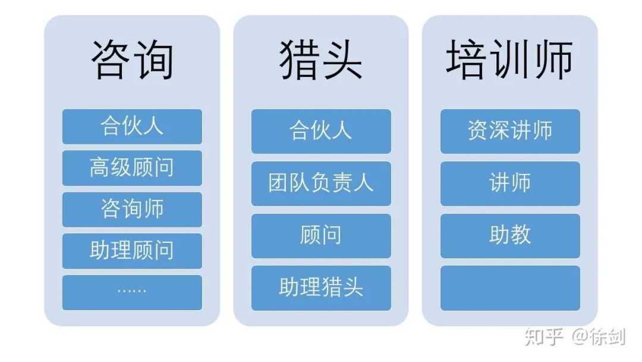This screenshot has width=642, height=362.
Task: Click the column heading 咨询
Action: click(132, 60)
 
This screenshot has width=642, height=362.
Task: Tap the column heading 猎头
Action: click(321, 60)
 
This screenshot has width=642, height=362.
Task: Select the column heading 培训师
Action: click(509, 60)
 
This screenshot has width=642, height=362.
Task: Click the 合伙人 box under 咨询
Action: click(132, 126)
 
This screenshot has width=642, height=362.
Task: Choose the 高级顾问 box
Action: click(132, 168)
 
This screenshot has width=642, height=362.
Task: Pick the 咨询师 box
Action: click(132, 210)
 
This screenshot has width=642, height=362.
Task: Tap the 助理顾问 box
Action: click(132, 251)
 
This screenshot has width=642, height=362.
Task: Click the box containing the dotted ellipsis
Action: click(132, 292)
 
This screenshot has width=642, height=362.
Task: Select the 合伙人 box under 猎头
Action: click(321, 131)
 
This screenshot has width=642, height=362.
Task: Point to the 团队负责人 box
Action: click(321, 183)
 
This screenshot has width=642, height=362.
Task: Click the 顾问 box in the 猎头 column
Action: click(321, 236)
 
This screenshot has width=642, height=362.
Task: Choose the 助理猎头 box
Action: click(321, 288)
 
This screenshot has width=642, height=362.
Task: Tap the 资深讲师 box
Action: click(510, 131)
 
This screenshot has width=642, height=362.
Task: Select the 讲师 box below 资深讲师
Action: click(510, 183)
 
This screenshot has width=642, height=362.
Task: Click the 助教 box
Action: click(510, 236)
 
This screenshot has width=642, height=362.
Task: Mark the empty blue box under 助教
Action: click(510, 288)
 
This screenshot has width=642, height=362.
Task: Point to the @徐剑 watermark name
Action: click(598, 336)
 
